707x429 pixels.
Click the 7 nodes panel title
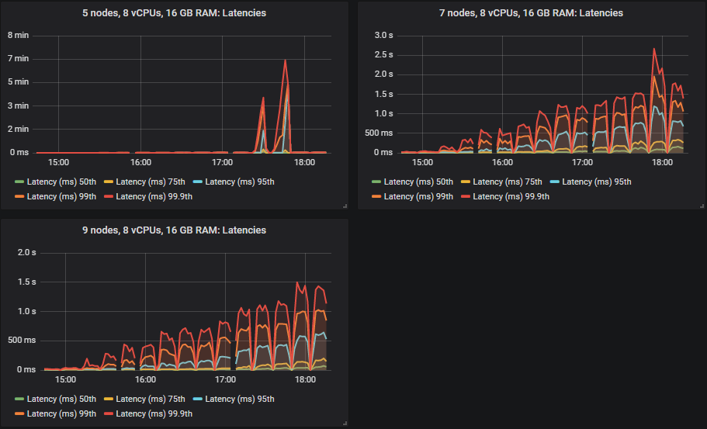click(532, 13)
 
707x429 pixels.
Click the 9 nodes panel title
click(174, 230)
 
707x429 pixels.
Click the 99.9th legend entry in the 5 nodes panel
click(154, 196)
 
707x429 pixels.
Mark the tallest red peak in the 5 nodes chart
click(286, 61)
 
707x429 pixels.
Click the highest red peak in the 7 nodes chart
click(654, 49)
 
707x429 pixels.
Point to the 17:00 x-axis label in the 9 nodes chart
click(225, 380)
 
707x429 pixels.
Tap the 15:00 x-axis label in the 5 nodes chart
click(58, 163)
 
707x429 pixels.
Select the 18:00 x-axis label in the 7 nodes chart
click(662, 163)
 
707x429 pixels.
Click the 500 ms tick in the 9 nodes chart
click(22, 341)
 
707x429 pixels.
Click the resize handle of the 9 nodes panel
click(344, 423)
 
